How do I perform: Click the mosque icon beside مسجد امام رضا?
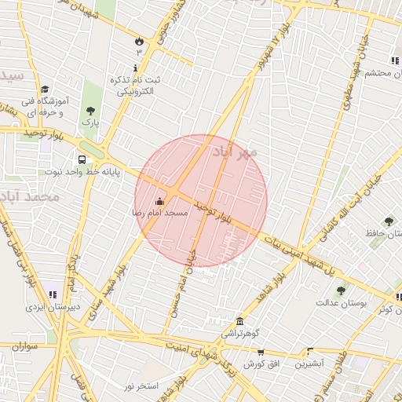point(160,201)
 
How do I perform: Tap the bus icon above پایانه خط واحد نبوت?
point(82,159)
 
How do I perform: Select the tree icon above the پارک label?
point(91,111)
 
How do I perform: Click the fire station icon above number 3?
point(140,40)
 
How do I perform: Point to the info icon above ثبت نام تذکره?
point(136,68)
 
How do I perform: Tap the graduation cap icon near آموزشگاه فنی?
point(46,90)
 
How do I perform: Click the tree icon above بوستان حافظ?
point(388,222)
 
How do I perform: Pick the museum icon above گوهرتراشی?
point(239,321)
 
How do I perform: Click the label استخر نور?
point(142,386)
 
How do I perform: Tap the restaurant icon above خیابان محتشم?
point(394,60)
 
